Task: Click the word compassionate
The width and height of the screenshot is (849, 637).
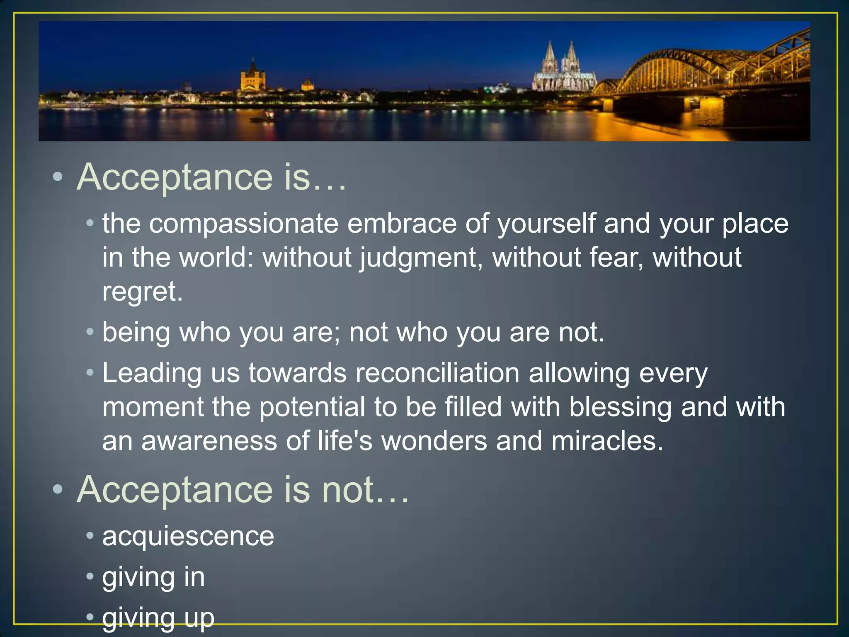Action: [x=243, y=224]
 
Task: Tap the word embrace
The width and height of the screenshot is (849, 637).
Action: [x=402, y=224]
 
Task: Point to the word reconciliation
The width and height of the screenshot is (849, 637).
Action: [x=437, y=373]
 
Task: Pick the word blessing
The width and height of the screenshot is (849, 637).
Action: [x=620, y=407]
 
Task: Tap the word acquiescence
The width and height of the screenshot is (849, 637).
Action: [x=188, y=536]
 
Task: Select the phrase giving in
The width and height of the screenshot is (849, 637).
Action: [x=153, y=577]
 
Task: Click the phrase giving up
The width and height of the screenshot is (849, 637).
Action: [x=158, y=618]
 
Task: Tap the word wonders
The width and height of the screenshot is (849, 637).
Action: [x=434, y=441]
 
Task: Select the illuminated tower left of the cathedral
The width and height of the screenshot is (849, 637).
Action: [x=253, y=77]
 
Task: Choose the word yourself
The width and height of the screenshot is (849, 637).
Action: [x=546, y=224]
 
